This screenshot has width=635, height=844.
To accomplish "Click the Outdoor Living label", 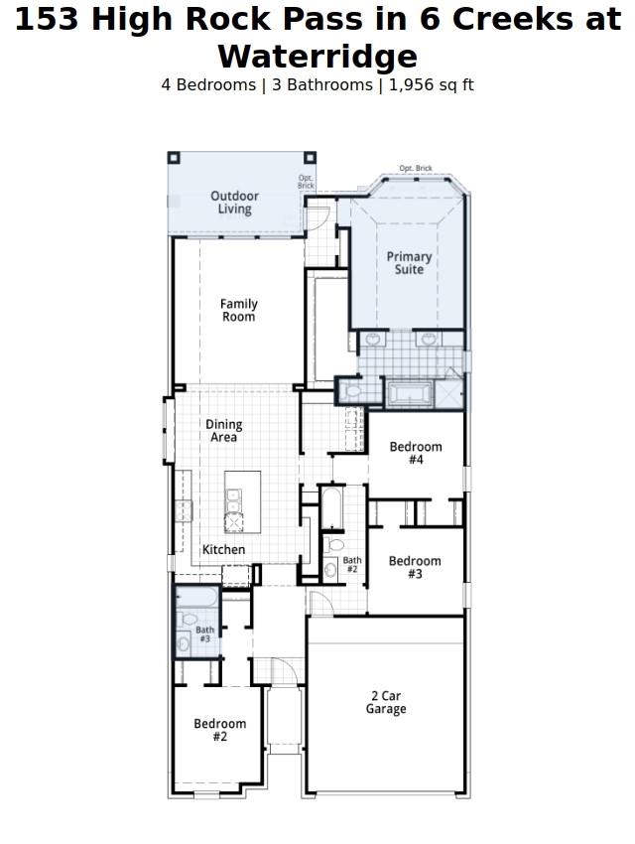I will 235,203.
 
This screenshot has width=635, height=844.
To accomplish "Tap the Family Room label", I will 238,310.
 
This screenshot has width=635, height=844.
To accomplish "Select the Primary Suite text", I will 409,263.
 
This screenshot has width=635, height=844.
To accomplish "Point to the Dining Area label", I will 224,430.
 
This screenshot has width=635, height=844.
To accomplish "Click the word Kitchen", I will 223,549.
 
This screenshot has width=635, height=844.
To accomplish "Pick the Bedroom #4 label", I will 416,453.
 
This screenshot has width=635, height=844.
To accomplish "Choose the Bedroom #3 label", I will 415,567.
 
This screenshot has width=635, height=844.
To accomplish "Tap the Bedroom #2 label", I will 219,730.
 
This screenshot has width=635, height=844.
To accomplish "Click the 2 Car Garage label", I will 385,702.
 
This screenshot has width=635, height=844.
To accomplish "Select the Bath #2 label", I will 352,564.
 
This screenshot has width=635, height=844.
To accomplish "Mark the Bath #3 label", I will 204,633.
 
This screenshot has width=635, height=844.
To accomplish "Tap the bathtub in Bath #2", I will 332,507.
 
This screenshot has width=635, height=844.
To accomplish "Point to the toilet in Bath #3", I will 189,620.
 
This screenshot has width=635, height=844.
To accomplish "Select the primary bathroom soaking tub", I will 409,393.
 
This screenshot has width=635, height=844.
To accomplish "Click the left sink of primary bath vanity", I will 373,340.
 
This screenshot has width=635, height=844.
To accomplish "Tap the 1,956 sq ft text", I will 431,85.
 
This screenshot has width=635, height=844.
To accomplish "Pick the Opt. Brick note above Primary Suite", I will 416,169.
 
